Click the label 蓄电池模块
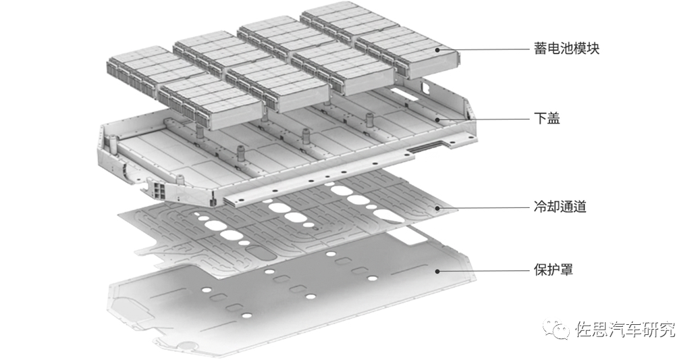click(x=566, y=48)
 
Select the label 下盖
click(x=547, y=118)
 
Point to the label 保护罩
click(x=553, y=269)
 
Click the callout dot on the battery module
click(x=437, y=50)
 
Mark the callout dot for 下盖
click(x=437, y=120)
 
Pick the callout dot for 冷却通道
click(x=437, y=207)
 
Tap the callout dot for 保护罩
click(x=437, y=271)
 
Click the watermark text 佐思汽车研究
click(x=625, y=330)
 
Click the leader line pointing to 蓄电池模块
click(x=483, y=49)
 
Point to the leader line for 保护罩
click(x=483, y=271)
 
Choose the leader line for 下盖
click(x=483, y=119)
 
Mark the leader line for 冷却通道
click(x=483, y=207)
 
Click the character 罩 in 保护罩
click(x=566, y=269)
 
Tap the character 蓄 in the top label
click(x=541, y=48)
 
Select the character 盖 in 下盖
click(x=554, y=118)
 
